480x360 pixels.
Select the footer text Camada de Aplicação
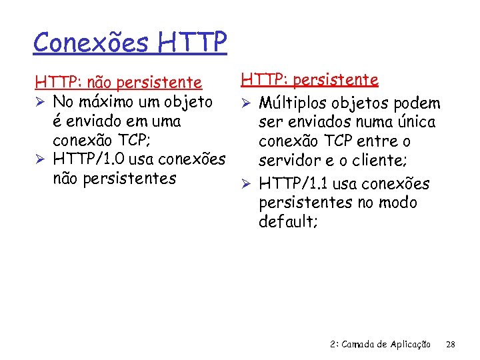(388, 345)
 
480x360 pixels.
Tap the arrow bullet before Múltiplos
(246, 103)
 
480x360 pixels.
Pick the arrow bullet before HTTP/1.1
(246, 183)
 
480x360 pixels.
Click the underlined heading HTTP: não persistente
(118, 83)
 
